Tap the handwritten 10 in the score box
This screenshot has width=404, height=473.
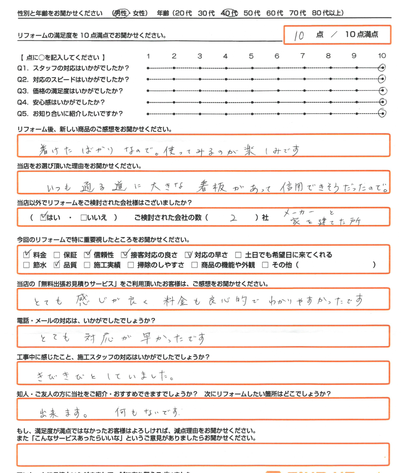pyautogui.click(x=299, y=36)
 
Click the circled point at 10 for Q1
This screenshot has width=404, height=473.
pyautogui.click(x=382, y=68)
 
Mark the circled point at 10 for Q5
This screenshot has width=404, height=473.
pyautogui.click(x=382, y=114)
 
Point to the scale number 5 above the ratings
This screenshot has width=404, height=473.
pyautogui.click(x=251, y=56)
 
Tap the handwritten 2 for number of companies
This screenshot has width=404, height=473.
pyautogui.click(x=233, y=218)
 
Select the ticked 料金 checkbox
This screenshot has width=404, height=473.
pyautogui.click(x=27, y=255)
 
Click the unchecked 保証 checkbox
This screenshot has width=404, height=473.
pyautogui.click(x=57, y=255)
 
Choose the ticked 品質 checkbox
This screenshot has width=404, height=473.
pyautogui.click(x=57, y=265)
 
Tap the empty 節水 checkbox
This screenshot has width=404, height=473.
pyautogui.click(x=27, y=266)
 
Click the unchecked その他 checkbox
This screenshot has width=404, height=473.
pyautogui.click(x=265, y=266)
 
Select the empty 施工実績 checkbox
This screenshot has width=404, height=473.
pyautogui.click(x=86, y=266)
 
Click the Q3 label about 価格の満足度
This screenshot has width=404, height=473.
pyautogui.click(x=70, y=91)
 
